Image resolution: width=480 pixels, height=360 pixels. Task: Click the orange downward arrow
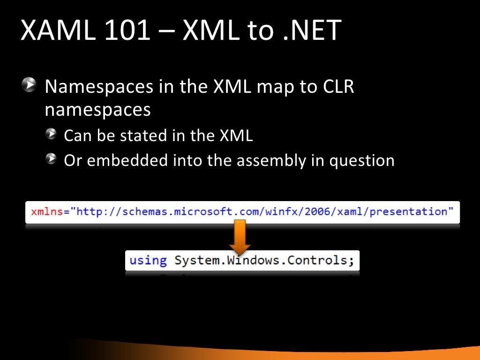pos(240,237)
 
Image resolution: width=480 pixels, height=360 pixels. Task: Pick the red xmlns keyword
pos(47,212)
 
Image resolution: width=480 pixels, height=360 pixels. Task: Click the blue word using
pos(148,260)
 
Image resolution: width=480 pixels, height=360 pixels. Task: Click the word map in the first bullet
pos(273,87)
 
